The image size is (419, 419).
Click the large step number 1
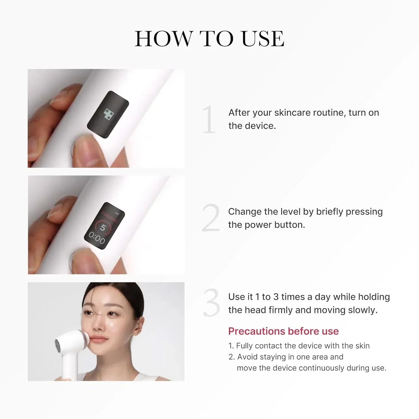[209, 119]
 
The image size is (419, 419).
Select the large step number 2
[211, 218]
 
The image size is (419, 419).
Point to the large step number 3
[211, 303]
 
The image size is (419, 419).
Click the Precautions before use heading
[283, 331]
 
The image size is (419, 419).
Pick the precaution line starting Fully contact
[299, 346]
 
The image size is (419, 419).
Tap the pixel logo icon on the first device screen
[109, 114]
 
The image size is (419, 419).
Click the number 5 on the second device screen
[103, 228]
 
